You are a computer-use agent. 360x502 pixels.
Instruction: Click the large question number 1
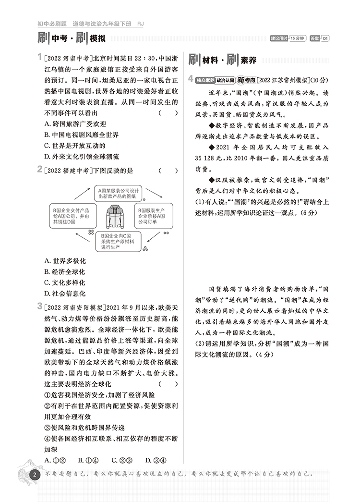pyautogui.click(x=39, y=58)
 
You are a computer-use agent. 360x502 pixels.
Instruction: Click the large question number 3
pyautogui.click(x=39, y=306)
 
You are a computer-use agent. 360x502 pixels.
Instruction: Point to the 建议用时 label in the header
pyautogui.click(x=278, y=39)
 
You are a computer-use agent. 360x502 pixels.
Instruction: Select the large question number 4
pyautogui.click(x=191, y=79)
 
